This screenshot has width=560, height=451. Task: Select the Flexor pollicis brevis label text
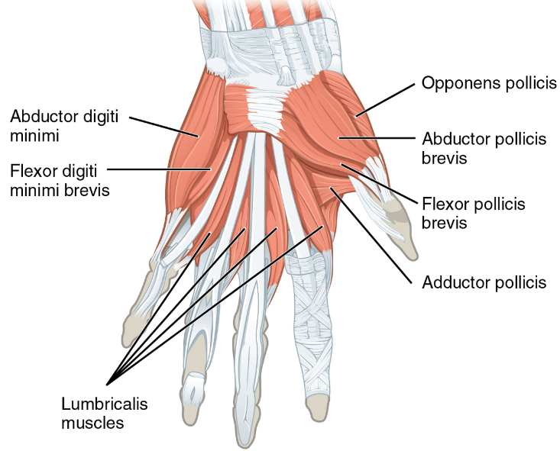[x=474, y=213]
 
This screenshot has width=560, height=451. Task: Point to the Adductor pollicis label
[x=484, y=282]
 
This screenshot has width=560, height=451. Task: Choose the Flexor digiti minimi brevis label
[x=60, y=179]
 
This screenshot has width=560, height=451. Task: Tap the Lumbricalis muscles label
[x=104, y=411]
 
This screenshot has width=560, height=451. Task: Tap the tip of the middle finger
[x=249, y=438]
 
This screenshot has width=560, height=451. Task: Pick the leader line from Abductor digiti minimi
[x=163, y=127]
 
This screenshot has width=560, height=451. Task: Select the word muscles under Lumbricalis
[x=93, y=421]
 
